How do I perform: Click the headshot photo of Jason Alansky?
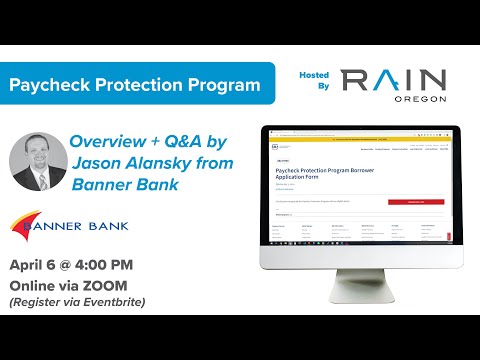tap(37, 161)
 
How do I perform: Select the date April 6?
tap(39, 266)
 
